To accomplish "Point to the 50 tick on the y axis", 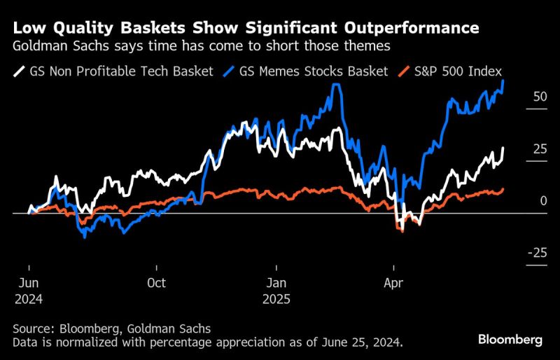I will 540,97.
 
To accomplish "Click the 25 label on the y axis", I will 540,148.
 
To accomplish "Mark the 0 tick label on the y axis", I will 543,200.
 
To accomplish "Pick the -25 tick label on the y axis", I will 538,252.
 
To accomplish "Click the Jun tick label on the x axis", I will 29,283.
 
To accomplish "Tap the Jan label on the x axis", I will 276,283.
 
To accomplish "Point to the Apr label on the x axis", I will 394,283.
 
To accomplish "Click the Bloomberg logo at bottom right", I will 510,340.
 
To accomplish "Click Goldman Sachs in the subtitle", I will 59,46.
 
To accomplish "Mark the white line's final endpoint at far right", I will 503,148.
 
